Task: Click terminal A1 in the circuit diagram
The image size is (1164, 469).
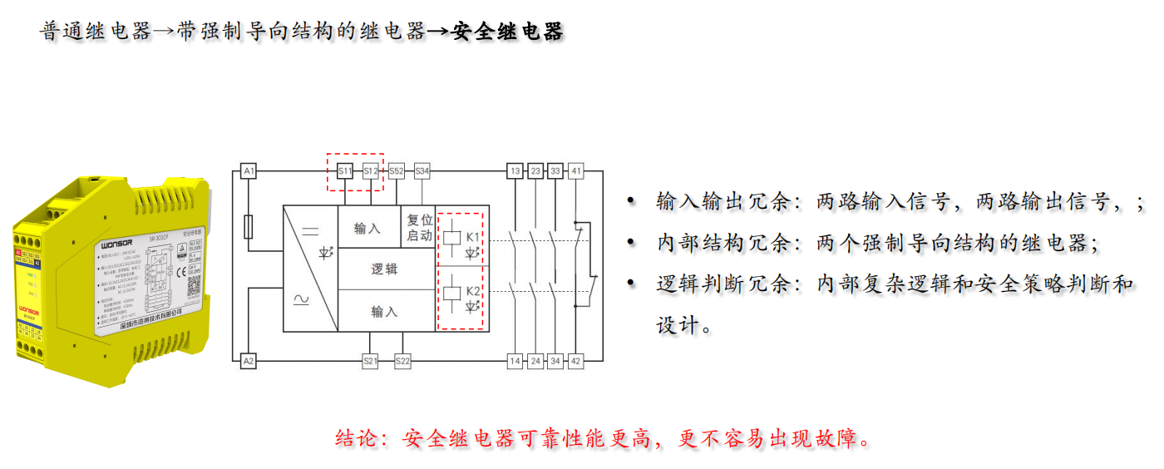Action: coord(248,171)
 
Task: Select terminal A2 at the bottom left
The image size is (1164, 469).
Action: coord(248,361)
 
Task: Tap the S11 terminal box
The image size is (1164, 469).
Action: coord(345,171)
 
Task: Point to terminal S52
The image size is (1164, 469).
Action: coord(397,171)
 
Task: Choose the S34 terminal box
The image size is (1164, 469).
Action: coord(422,171)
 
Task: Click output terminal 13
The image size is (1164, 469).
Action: coord(515,171)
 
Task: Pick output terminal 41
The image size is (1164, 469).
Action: coord(576,171)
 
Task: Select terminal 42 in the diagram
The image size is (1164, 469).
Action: coord(576,361)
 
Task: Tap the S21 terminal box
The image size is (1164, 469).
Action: coord(371,361)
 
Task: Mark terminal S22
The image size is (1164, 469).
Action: coord(402,361)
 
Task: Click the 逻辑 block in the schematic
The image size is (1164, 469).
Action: coord(384,269)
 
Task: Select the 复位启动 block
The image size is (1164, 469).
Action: coord(419,228)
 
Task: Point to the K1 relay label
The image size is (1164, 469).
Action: coord(473,237)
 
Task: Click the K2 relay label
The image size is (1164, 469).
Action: coord(473,291)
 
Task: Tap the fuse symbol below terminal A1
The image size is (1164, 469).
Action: coord(248,226)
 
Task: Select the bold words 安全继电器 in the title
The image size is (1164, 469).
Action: coord(508,32)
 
